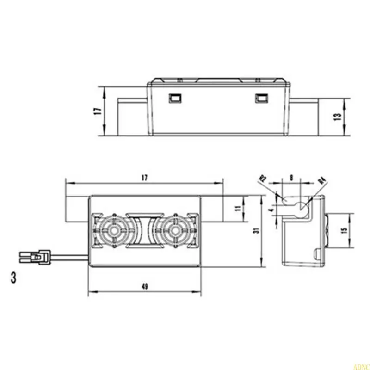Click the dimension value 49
[x=145, y=287]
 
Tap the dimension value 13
[x=338, y=116]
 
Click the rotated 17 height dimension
[x=97, y=111]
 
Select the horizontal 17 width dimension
[x=144, y=177]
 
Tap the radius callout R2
[x=264, y=179]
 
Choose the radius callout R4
[x=323, y=181]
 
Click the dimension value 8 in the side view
[x=290, y=177]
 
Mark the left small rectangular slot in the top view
[x=175, y=98]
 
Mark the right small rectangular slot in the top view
[x=261, y=98]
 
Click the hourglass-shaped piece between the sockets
[x=144, y=230]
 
